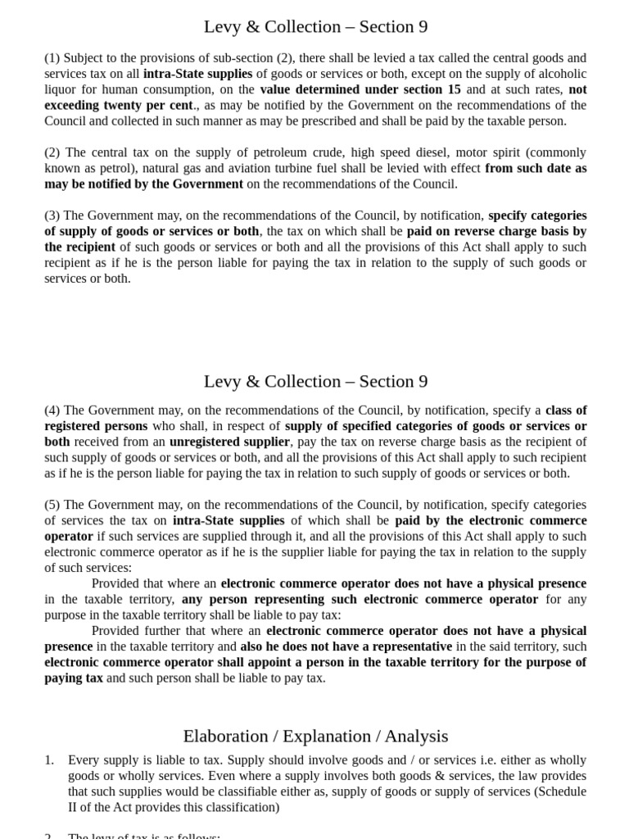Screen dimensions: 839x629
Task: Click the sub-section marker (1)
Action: [x=52, y=58]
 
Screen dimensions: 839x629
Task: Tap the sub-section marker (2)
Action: [x=52, y=152]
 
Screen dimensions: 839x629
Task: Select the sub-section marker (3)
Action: [x=52, y=215]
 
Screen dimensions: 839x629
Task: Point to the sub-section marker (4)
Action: [x=52, y=410]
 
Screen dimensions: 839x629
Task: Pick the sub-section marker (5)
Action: [x=52, y=505]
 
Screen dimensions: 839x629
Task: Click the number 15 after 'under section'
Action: [x=453, y=89]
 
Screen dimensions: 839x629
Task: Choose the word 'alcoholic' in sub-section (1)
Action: [x=557, y=74]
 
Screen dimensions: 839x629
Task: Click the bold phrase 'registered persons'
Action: [x=96, y=426]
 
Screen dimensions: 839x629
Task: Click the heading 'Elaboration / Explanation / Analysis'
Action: [x=315, y=736]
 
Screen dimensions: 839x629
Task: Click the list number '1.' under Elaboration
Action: [x=50, y=760]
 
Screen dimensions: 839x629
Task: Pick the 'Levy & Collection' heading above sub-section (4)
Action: [x=315, y=382]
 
